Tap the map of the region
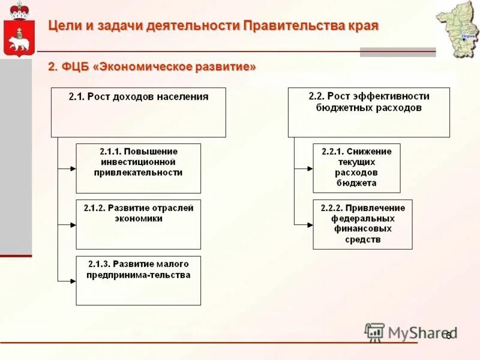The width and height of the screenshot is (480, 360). (x=458, y=29)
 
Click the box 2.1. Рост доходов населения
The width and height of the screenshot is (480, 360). (x=139, y=112)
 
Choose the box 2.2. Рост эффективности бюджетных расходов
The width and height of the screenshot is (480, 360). (x=368, y=112)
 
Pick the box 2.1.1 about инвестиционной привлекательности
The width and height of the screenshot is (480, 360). (x=138, y=168)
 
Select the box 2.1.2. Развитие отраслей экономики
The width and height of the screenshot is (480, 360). (x=138, y=224)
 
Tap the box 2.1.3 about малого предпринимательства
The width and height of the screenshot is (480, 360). (x=138, y=280)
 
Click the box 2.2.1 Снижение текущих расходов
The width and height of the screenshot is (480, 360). (x=356, y=168)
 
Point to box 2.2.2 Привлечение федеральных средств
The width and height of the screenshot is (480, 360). (x=362, y=224)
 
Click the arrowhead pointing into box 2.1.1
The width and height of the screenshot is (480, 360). (x=73, y=169)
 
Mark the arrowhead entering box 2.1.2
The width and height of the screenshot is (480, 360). (x=73, y=225)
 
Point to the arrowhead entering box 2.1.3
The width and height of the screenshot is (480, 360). (x=73, y=281)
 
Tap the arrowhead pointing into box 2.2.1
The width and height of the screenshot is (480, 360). (x=310, y=169)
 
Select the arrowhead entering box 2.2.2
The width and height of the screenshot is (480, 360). (x=310, y=225)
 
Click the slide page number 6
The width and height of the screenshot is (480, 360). (x=448, y=337)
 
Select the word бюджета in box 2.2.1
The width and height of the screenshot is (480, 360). (x=356, y=184)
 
